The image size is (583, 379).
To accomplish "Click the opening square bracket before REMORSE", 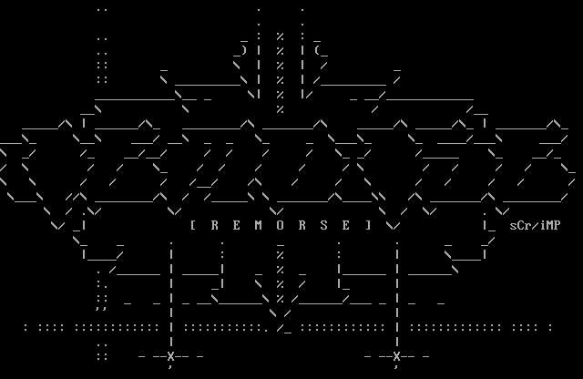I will [x=193, y=225].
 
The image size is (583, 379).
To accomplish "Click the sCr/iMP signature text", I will [x=535, y=225].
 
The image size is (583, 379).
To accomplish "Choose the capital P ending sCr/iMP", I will [x=557, y=225].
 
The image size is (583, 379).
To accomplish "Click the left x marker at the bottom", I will [x=170, y=356].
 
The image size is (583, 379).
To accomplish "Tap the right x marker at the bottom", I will [x=396, y=356].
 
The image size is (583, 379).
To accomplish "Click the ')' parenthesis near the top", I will [x=244, y=51].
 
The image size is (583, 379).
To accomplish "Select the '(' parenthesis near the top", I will [x=317, y=51].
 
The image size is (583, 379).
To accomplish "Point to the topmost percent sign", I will [x=281, y=36].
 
